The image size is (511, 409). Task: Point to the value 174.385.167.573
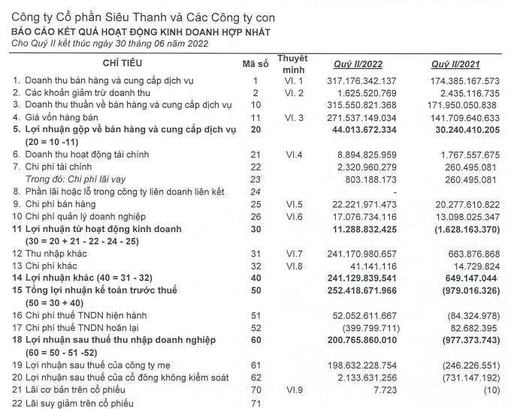(x=459, y=80)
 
